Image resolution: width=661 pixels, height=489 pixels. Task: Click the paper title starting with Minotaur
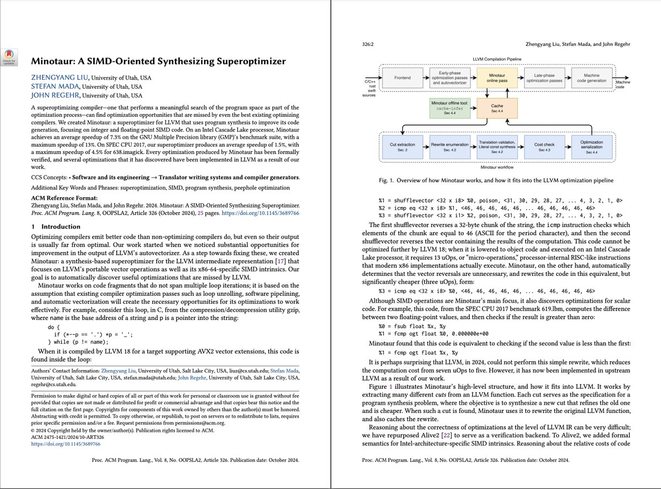[x=158, y=61]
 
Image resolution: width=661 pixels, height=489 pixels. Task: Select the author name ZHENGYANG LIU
[x=54, y=77]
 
